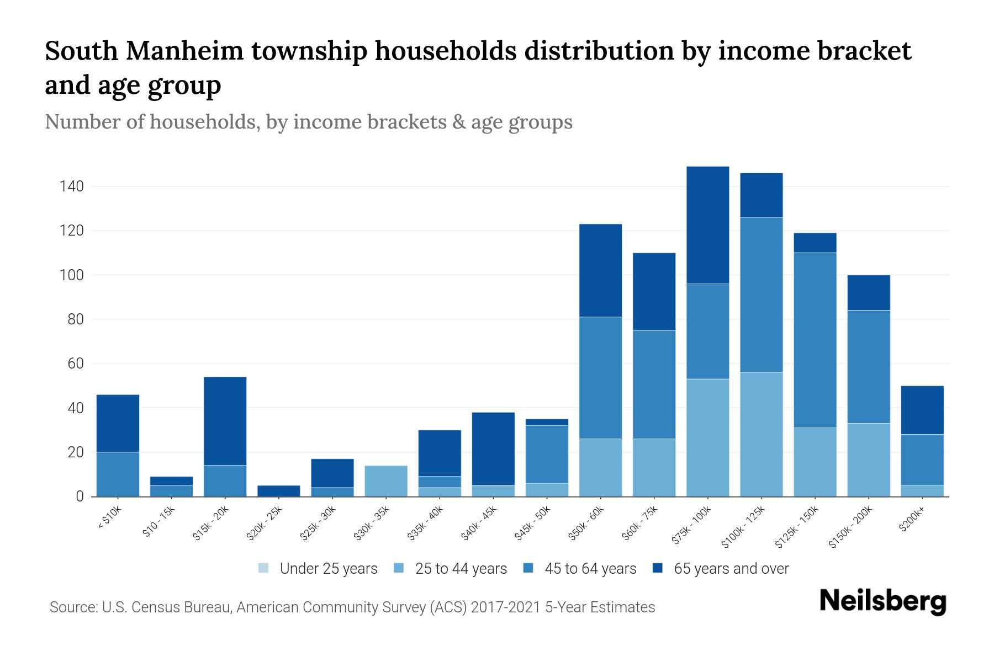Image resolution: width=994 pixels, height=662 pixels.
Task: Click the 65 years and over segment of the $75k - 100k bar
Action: [x=707, y=225]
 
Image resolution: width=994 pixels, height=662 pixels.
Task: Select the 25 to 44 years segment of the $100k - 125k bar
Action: [x=761, y=434]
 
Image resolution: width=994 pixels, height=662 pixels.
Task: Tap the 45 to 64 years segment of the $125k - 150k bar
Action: [x=815, y=340]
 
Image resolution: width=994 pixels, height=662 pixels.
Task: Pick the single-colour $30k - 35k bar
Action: [x=386, y=481]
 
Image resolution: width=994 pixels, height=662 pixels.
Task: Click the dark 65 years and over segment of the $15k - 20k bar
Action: [x=225, y=421]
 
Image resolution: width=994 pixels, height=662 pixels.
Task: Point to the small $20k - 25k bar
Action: [x=278, y=490]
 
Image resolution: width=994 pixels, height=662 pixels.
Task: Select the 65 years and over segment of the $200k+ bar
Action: [x=922, y=410]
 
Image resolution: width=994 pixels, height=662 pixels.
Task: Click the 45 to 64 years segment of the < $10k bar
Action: [x=118, y=474]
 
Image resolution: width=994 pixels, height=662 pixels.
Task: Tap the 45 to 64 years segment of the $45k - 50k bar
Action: [x=547, y=454]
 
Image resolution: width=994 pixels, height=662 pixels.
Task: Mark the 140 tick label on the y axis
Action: [x=72, y=186]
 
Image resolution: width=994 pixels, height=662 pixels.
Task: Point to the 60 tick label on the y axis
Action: [x=76, y=364]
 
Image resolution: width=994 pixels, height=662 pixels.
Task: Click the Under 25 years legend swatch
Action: [x=264, y=568]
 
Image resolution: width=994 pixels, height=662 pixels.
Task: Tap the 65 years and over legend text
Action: [x=731, y=569]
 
